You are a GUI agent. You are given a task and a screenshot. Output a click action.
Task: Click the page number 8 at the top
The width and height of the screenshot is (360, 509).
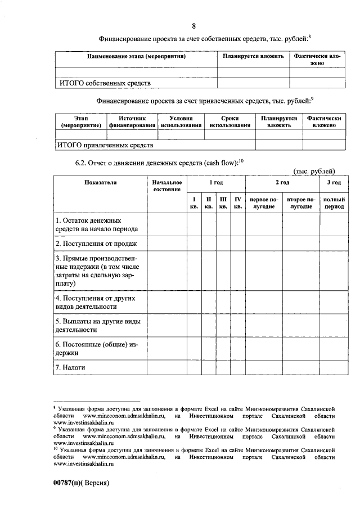tap(193, 26)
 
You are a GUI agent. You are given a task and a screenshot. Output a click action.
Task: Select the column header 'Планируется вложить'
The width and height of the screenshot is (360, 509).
tap(253, 57)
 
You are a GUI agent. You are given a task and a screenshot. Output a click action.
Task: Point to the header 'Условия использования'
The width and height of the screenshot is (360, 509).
tap(181, 122)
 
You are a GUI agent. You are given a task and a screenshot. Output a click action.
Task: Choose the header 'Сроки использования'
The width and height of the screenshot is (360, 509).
tap(229, 122)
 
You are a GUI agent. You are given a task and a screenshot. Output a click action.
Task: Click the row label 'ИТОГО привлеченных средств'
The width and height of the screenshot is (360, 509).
tap(106, 145)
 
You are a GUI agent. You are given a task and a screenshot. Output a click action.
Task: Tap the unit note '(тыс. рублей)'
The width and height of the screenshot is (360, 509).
tap(314, 171)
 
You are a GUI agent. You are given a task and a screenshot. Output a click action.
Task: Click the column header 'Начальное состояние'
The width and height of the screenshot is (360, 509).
tap(167, 186)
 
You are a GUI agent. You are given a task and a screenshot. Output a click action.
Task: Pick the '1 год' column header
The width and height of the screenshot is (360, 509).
tap(216, 183)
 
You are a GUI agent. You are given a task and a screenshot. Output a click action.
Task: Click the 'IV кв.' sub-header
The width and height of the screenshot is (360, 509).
tap(238, 203)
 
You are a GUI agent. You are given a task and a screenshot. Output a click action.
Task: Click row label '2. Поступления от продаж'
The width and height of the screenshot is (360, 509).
tap(96, 244)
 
